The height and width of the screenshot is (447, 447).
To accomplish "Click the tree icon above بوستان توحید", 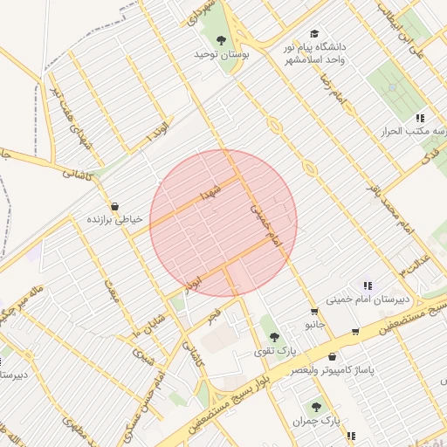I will click(222, 39).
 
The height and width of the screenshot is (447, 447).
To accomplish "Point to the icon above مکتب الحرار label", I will click(420, 118).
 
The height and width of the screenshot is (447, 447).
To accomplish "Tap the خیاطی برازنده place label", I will click(113, 220).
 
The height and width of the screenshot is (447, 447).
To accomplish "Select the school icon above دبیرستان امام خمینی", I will click(368, 285).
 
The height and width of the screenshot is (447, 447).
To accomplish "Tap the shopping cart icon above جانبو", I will click(313, 312).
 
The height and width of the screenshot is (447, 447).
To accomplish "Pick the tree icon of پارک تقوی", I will click(275, 337).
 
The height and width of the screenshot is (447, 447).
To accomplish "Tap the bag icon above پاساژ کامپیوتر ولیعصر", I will click(332, 356).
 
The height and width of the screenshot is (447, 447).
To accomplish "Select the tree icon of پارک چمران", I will click(316, 407).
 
